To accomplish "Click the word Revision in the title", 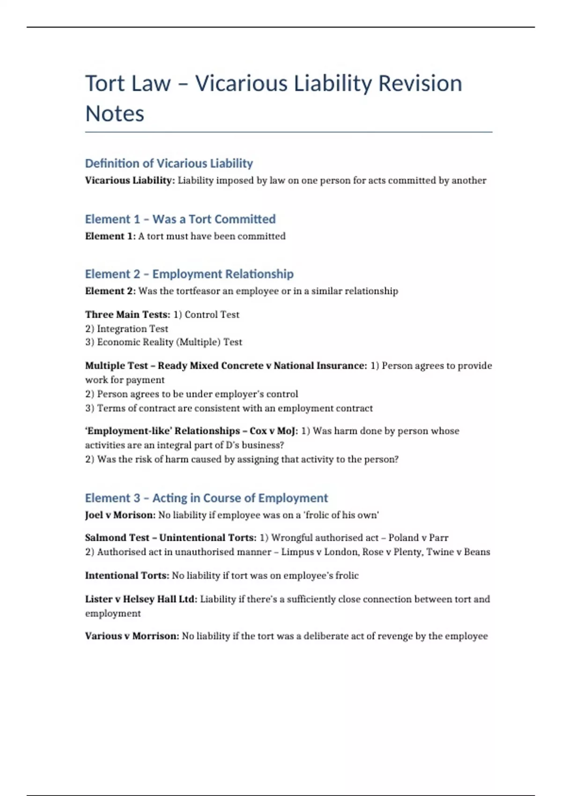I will click(x=420, y=83).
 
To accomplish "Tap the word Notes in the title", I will click(x=115, y=114).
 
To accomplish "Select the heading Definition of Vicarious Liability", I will click(x=169, y=163).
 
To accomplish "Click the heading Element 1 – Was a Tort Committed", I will click(x=180, y=219).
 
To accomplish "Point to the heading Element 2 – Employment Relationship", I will click(x=189, y=274).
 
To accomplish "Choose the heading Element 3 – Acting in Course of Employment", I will click(x=207, y=498).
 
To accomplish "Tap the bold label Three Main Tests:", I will click(x=127, y=315).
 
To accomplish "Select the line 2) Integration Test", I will click(x=126, y=329).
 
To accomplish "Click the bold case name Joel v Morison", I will click(x=120, y=515).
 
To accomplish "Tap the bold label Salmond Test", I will click(x=117, y=538).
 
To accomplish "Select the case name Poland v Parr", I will click(x=418, y=538).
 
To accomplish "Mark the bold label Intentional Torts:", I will click(x=127, y=575).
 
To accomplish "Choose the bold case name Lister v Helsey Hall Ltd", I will click(x=141, y=599).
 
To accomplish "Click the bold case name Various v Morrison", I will click(x=132, y=636).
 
